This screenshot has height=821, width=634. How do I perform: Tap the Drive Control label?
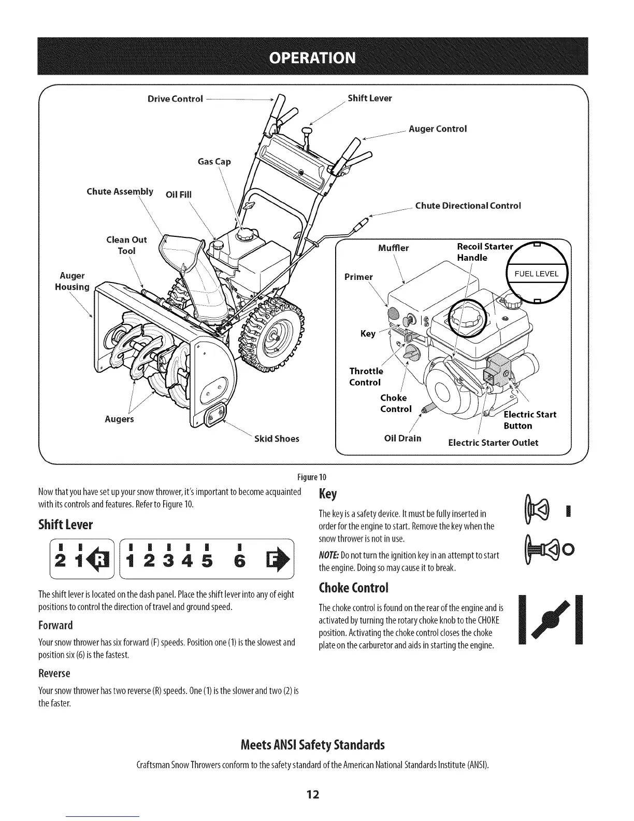pos(175,99)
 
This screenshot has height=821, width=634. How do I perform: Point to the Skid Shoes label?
pos(277,439)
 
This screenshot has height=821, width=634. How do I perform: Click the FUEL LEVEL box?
pos(536,274)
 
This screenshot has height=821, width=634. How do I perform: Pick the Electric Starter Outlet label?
pos(493,443)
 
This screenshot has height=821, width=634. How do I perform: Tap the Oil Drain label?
pos(402,438)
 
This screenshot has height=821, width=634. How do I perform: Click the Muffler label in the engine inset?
pos(393,248)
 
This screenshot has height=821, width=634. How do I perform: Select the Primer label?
pos(358,277)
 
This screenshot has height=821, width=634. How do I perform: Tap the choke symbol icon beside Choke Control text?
pos(551,619)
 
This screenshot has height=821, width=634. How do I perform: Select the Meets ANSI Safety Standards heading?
pos(313,745)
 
